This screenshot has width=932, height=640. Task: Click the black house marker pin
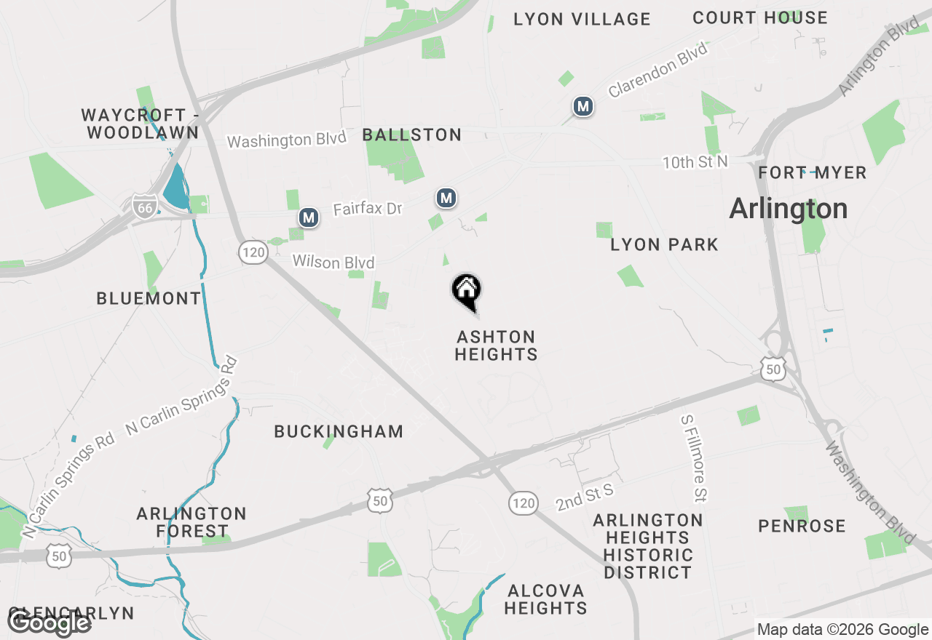tap(467, 292)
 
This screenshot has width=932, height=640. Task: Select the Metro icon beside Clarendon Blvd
tap(582, 107)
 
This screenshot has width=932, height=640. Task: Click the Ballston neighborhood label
tap(412, 135)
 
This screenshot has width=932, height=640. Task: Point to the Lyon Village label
tap(582, 20)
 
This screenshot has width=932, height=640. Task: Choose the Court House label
tap(760, 18)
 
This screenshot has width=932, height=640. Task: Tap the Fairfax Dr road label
tap(368, 209)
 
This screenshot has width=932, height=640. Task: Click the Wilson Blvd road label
tap(333, 262)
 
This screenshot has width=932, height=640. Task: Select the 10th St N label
tap(695, 162)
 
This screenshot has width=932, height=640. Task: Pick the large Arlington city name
tap(789, 209)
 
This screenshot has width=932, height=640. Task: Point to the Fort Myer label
tap(813, 173)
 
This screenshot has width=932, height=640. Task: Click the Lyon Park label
tap(665, 245)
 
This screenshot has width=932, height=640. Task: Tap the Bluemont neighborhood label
tap(149, 298)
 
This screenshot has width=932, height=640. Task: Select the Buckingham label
tap(339, 432)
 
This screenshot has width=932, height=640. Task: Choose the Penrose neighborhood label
tap(802, 527)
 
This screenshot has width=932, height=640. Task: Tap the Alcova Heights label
tap(545, 599)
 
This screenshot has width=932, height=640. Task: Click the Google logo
tap(50, 623)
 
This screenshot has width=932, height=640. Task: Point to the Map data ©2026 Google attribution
tap(842, 630)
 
